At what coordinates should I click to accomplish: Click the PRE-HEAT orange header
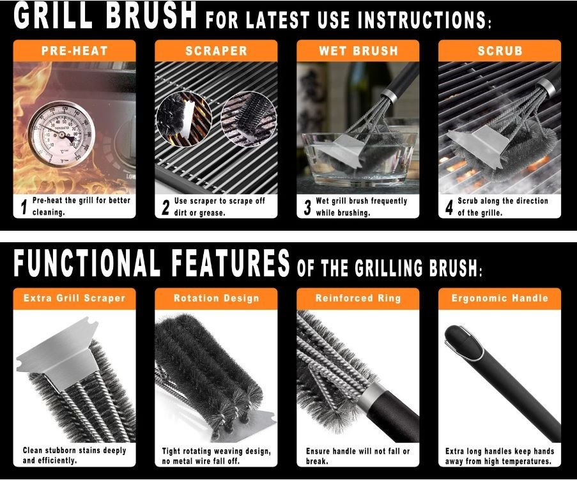(74, 50)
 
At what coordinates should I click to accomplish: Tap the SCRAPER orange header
(216, 50)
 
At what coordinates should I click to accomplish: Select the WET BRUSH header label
(358, 50)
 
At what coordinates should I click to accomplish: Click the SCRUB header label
(500, 50)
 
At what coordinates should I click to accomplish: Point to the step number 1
(24, 207)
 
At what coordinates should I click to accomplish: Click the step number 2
(165, 207)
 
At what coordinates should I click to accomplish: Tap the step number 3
(307, 207)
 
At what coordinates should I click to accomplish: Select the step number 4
(449, 207)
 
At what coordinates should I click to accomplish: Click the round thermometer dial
(61, 135)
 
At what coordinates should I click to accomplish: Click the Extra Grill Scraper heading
(74, 298)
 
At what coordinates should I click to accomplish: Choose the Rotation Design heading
(217, 298)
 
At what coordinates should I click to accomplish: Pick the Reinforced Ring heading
(358, 298)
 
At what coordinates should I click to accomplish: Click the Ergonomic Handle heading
(500, 298)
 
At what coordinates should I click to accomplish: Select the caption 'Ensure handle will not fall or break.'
(358, 456)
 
